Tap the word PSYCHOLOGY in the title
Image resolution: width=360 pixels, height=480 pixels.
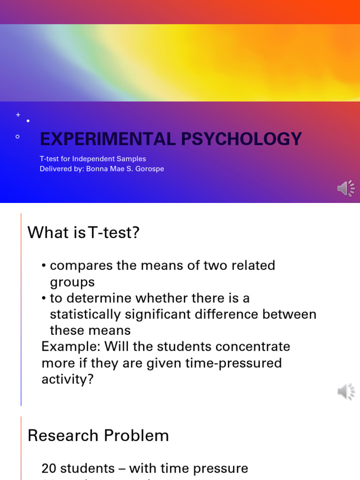tap(248, 139)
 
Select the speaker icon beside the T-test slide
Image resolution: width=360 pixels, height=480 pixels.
tap(346, 391)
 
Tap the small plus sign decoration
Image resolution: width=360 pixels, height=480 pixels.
tap(18, 115)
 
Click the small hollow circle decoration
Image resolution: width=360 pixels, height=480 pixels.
tap(18, 137)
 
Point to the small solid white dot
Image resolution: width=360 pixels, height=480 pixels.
tap(28, 121)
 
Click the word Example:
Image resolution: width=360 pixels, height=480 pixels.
tap(71, 347)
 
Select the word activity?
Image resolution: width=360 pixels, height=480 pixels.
tap(67, 379)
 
